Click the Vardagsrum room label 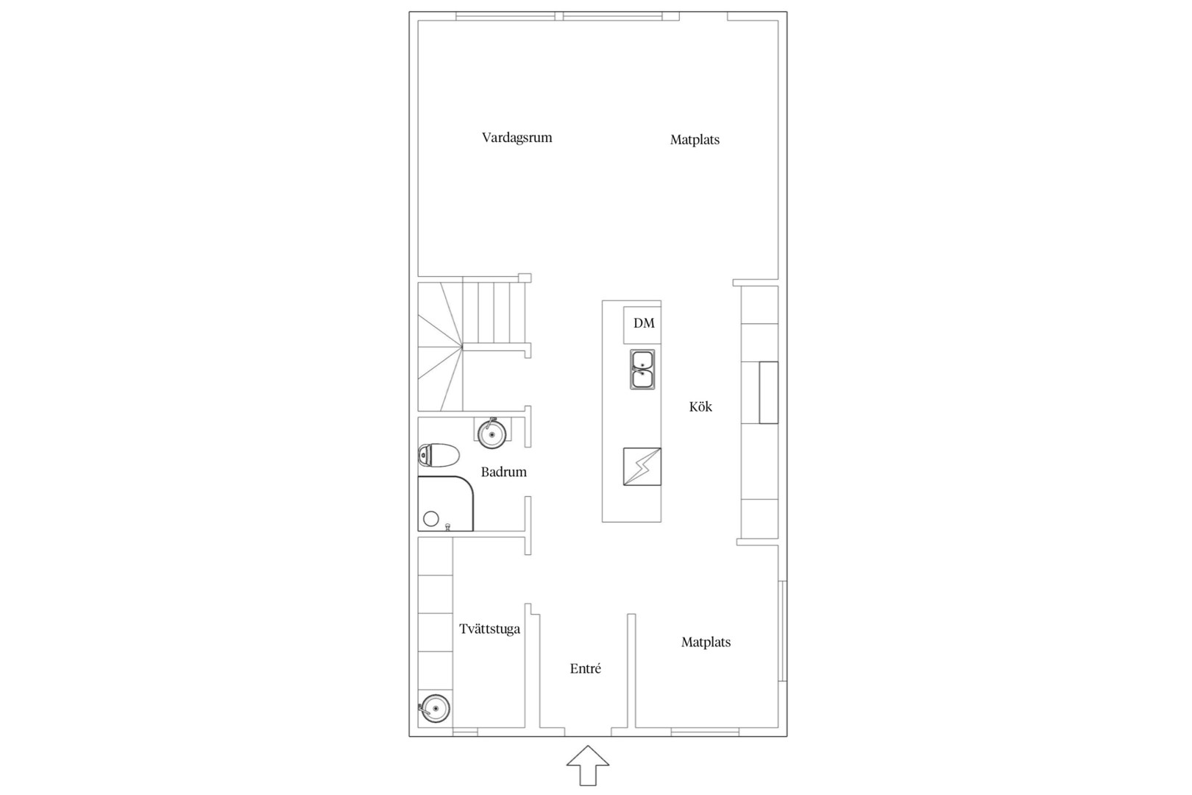[x=517, y=138]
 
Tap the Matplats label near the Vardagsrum [x=695, y=140]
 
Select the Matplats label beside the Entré [x=706, y=642]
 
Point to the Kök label [x=700, y=407]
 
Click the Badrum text [x=503, y=472]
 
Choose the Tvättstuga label [x=489, y=629]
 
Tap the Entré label [x=586, y=668]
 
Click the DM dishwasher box [x=642, y=325]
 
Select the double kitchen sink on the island [x=642, y=370]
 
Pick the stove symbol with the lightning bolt [x=642, y=467]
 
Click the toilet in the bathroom [x=439, y=455]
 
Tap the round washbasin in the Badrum [x=492, y=434]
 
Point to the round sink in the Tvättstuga [x=435, y=708]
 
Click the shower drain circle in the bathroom [x=430, y=519]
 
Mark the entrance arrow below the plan [x=587, y=765]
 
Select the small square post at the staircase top [x=525, y=278]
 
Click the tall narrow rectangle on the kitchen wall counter [x=768, y=392]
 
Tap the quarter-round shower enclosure [x=445, y=504]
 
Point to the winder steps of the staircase [x=440, y=347]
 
